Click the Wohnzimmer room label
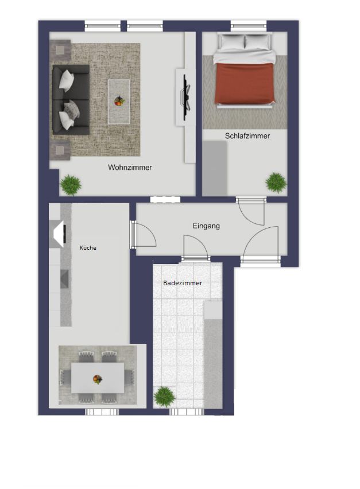click(x=130, y=168)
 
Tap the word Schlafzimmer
click(x=247, y=136)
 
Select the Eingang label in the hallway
click(x=206, y=226)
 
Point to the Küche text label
click(x=88, y=248)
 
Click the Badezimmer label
click(x=183, y=283)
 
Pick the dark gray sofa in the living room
click(x=70, y=98)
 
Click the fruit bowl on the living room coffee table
click(x=119, y=101)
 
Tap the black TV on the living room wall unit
click(x=185, y=96)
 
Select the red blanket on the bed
click(x=243, y=84)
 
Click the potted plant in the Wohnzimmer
click(x=71, y=184)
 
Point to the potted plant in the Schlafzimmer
click(x=276, y=183)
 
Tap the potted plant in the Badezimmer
click(x=164, y=396)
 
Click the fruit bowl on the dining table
click(x=98, y=379)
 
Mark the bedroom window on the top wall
click(x=248, y=25)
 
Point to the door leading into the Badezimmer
click(x=195, y=258)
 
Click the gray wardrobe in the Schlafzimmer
click(x=215, y=168)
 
